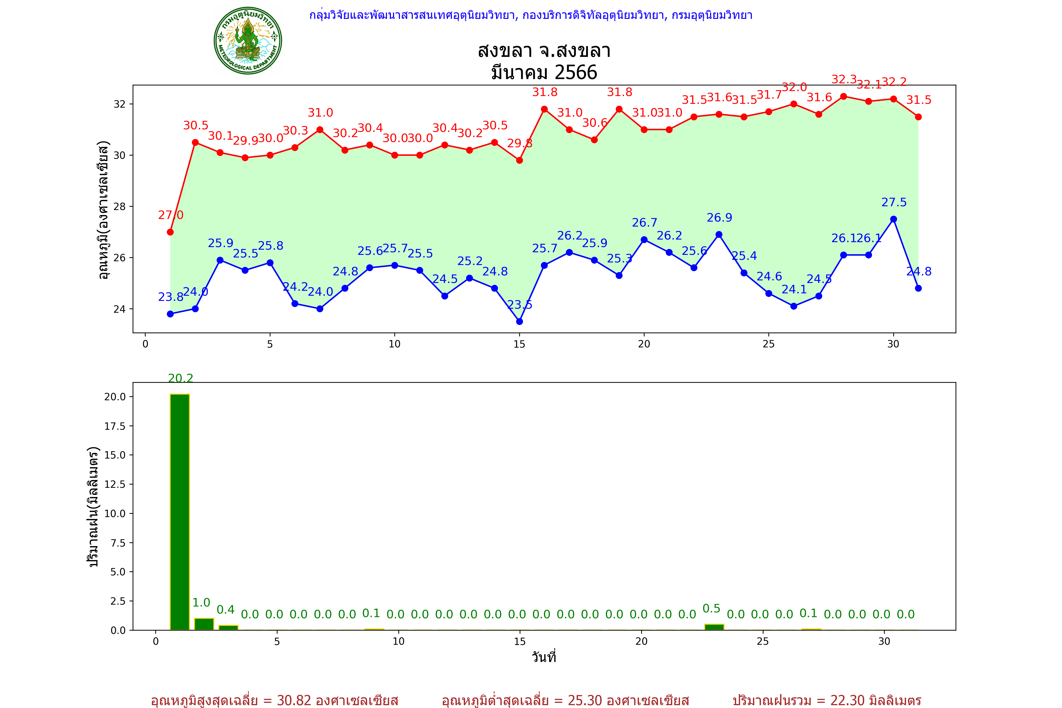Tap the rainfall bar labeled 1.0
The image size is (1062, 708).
click(x=204, y=624)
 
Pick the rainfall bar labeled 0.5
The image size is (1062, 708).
click(x=714, y=627)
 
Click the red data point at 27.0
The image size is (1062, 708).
click(x=170, y=232)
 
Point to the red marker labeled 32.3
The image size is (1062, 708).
click(x=843, y=96)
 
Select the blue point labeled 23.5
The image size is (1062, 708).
click(x=519, y=321)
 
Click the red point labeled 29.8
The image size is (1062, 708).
click(x=519, y=160)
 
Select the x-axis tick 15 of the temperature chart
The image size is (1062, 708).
click(x=519, y=344)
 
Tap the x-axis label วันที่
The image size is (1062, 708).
click(x=544, y=657)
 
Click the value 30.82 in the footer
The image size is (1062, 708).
click(x=294, y=700)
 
